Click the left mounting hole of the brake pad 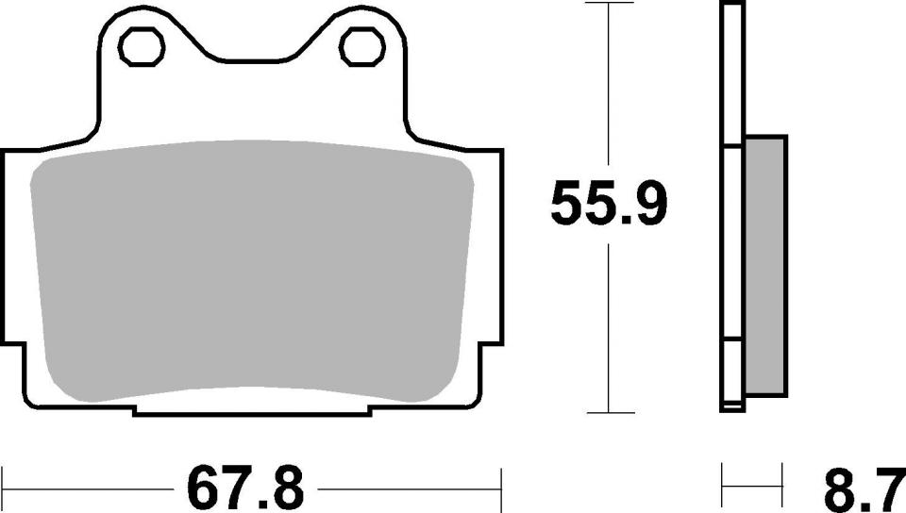point(142,45)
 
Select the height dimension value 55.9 point(609,205)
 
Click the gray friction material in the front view point(252,269)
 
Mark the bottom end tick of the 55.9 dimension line point(609,412)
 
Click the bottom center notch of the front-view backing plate point(252,411)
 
